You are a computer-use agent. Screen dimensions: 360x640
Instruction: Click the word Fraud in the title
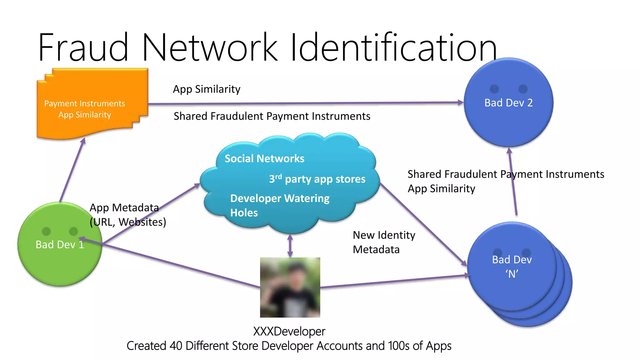(x=83, y=47)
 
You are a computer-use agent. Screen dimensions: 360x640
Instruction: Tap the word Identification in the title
(x=393, y=47)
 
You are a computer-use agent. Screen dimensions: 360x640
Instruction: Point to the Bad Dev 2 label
(x=508, y=103)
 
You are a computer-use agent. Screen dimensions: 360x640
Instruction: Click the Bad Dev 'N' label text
(x=512, y=267)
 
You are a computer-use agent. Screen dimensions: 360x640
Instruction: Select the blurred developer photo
(x=290, y=287)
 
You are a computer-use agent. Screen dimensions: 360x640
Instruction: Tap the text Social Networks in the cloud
(x=264, y=159)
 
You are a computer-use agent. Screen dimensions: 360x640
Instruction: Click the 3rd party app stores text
(x=317, y=179)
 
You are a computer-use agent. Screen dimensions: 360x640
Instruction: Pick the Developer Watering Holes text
(x=279, y=205)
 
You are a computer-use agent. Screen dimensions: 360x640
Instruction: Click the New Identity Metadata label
(x=384, y=242)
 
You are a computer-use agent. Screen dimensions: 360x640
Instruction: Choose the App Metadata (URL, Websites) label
(x=127, y=215)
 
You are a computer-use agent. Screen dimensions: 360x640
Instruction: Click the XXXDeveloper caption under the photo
(x=289, y=331)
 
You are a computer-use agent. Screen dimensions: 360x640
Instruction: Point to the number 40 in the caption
(x=176, y=346)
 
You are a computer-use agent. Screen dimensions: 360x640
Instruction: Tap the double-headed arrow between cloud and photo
(x=290, y=246)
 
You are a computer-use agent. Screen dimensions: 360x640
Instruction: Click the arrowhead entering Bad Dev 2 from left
(x=461, y=102)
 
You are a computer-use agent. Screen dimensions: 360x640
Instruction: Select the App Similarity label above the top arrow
(x=207, y=89)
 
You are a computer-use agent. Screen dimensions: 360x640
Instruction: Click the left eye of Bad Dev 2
(x=494, y=89)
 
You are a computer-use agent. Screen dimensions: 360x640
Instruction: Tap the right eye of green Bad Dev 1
(x=73, y=231)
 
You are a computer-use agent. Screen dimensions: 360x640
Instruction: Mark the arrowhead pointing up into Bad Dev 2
(x=509, y=151)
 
